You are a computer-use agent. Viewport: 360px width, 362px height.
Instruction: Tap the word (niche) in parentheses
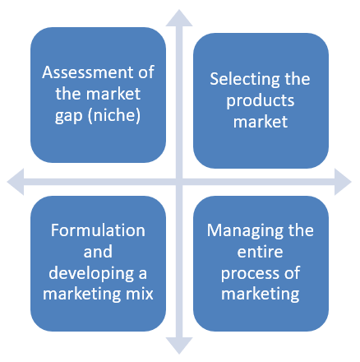click(x=114, y=115)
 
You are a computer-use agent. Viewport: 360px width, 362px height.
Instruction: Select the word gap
click(x=69, y=116)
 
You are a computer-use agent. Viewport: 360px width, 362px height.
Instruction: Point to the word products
click(x=261, y=101)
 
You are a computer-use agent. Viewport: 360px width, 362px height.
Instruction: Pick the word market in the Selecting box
click(x=261, y=122)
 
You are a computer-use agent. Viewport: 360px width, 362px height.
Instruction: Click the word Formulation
click(x=98, y=230)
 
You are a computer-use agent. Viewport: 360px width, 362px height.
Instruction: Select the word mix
click(x=140, y=294)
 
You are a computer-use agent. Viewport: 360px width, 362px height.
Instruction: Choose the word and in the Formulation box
click(x=98, y=252)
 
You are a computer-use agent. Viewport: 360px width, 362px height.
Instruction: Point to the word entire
click(x=260, y=252)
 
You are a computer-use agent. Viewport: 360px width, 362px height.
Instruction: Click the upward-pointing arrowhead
click(x=179, y=18)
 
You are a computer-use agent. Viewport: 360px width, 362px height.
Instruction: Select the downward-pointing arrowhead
click(x=179, y=346)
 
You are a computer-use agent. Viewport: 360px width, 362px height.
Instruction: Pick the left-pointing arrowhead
click(x=16, y=182)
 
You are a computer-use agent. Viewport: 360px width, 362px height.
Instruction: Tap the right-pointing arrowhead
click(x=343, y=182)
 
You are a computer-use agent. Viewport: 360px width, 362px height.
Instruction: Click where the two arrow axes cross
click(x=179, y=182)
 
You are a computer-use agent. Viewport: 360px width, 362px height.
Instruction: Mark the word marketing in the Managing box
click(x=261, y=295)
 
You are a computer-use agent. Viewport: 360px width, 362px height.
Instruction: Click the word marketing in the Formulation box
click(x=81, y=295)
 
